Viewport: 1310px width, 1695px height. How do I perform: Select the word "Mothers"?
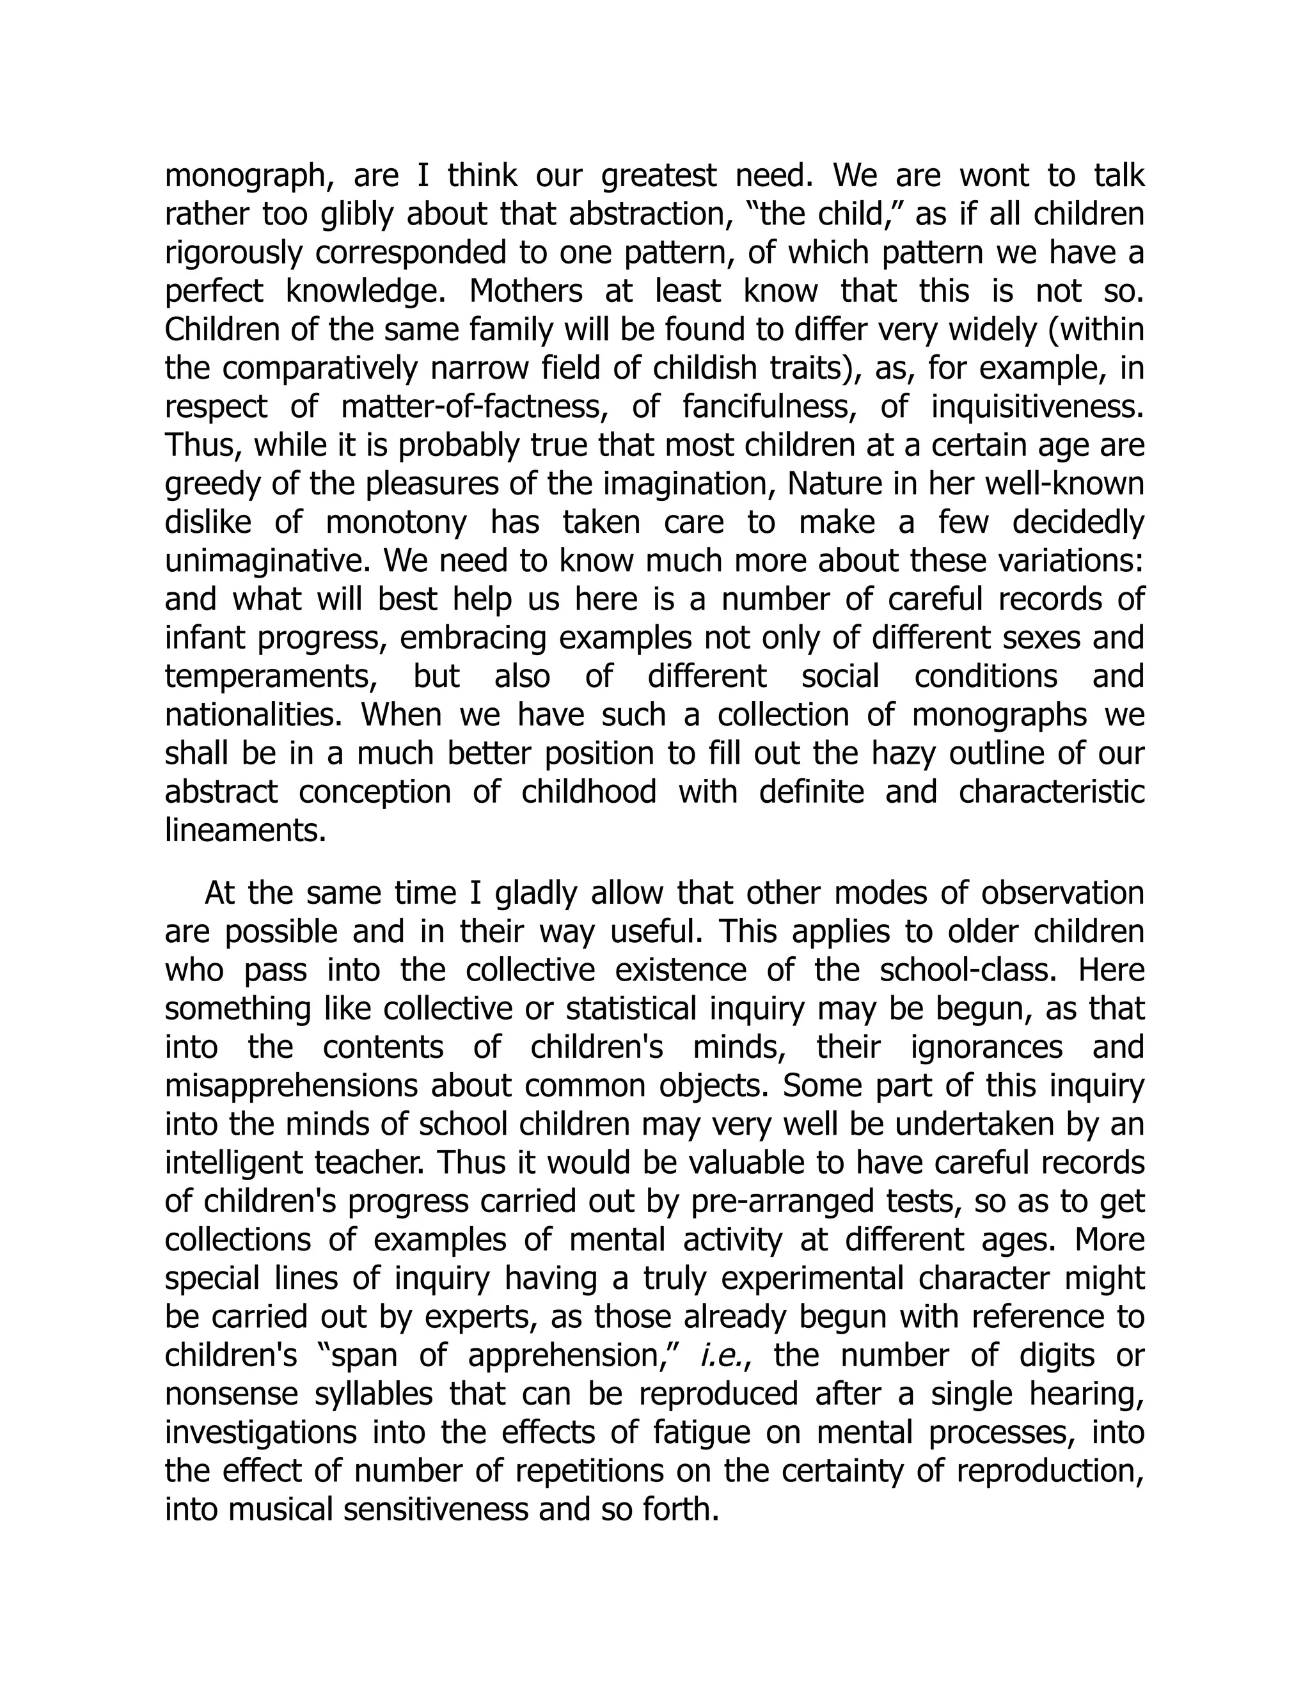[525, 292]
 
